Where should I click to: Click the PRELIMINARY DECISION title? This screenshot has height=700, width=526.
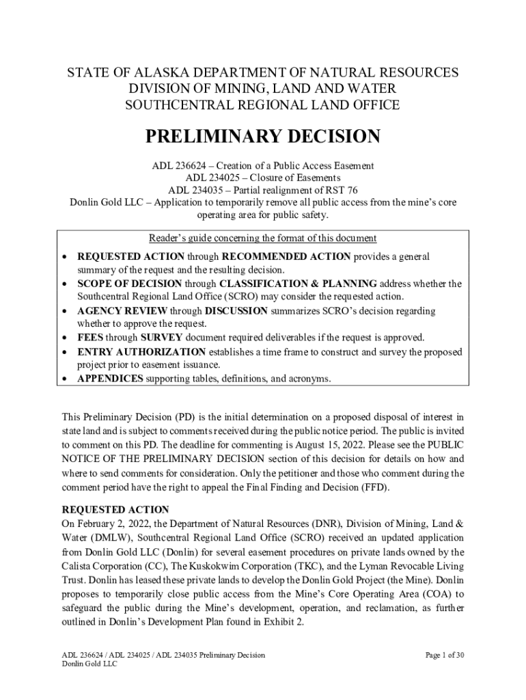click(262, 137)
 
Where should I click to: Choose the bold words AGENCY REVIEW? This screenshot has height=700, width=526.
click(117, 311)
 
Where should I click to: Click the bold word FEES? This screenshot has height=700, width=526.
click(92, 338)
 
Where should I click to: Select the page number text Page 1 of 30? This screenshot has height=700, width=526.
click(445, 656)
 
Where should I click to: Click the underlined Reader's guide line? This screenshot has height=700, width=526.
click(263, 239)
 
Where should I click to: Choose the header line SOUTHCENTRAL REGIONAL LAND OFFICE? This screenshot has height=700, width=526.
click(262, 105)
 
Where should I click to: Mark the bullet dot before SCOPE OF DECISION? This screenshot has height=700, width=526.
click(65, 284)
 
